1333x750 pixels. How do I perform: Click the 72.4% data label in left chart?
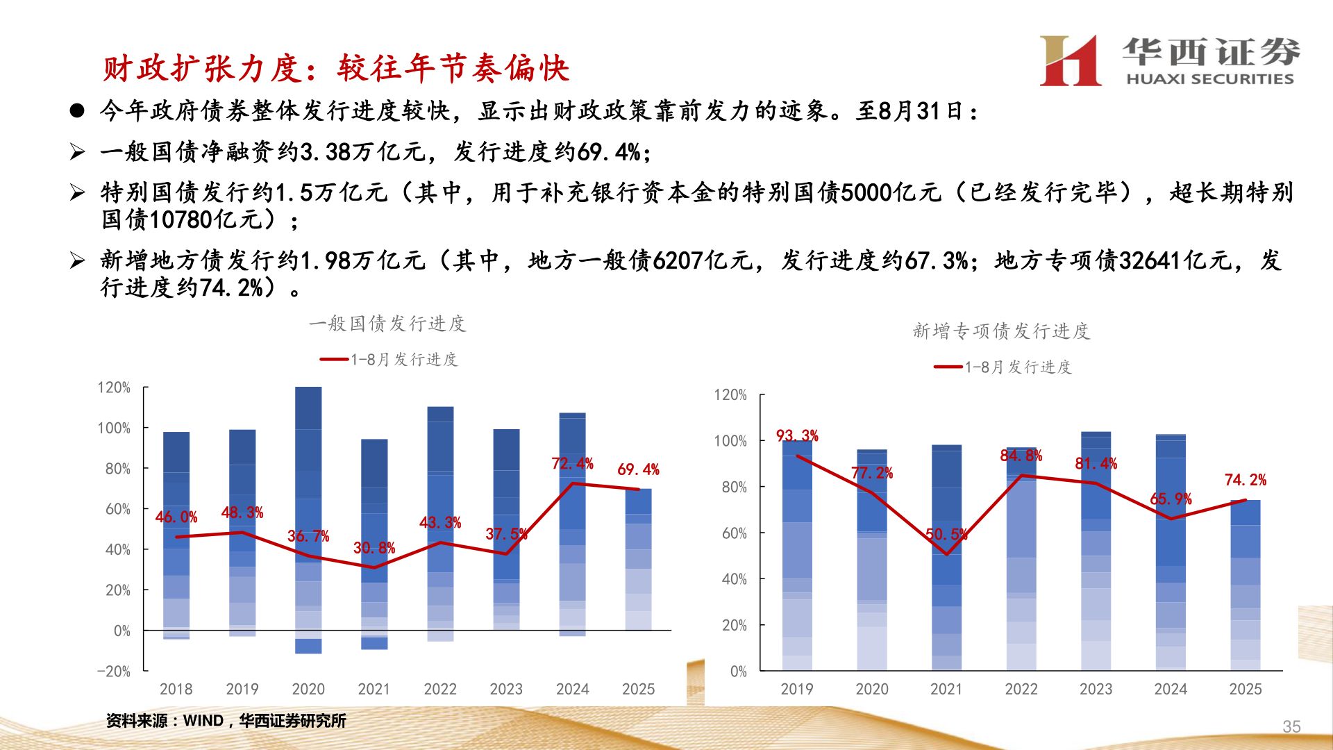pos(572,463)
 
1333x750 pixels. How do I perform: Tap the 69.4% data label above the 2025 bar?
pos(638,469)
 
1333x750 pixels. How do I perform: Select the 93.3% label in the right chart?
pos(797,435)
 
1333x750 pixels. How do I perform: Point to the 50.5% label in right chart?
pos(946,534)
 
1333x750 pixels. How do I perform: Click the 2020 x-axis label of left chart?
pos(308,689)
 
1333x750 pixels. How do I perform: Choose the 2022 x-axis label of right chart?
pos(1021,689)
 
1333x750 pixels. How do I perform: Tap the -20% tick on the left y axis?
pos(114,672)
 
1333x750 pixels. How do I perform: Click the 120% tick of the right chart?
pos(730,395)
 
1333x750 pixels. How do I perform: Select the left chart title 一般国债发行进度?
pos(387,324)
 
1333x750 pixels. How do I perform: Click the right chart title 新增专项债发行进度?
pos(1001,331)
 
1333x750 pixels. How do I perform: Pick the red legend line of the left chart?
pos(334,360)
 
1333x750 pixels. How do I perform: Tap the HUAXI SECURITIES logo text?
pos(1209,79)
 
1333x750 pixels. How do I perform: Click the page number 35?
pos(1291,726)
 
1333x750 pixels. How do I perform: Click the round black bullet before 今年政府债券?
pos(77,111)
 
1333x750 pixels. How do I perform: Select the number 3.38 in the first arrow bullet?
pos(326,151)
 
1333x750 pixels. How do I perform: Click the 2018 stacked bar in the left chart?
pos(176,535)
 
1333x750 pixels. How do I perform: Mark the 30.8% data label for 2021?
pos(374,548)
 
